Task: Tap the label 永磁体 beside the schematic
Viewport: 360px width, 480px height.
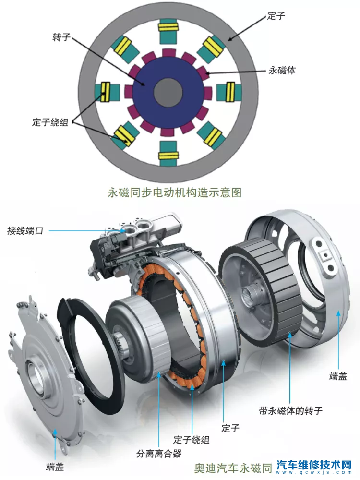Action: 281,71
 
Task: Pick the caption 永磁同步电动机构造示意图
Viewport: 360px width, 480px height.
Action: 174,193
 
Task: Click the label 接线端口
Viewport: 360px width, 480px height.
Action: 25,231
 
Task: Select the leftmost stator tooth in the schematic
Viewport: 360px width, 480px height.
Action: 107,92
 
